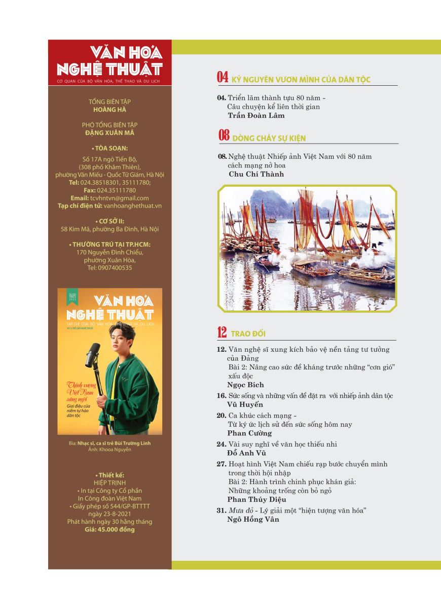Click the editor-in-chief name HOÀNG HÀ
(110, 110)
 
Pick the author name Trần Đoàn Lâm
(256, 115)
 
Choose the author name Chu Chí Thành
(256, 174)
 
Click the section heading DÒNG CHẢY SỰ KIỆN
(269, 138)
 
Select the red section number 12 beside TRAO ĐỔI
(222, 333)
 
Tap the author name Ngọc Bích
(245, 385)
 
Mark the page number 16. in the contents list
(221, 395)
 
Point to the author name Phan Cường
(249, 433)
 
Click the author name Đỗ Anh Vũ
(247, 453)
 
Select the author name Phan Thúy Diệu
(256, 499)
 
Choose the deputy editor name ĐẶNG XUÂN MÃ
(110, 133)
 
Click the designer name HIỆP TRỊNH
(110, 483)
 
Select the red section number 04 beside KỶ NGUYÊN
(222, 78)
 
